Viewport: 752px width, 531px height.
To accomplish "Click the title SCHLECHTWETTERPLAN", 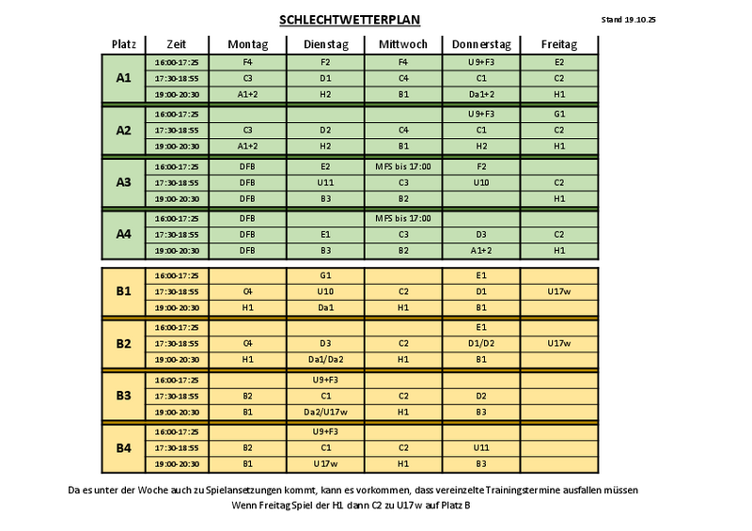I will [x=350, y=20].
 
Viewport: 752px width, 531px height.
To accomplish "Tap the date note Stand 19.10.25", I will [x=629, y=19].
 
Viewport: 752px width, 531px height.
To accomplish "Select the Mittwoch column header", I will [x=402, y=44].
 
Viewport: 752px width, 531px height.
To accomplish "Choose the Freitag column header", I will [x=558, y=44].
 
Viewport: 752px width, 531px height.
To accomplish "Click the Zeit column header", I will [x=176, y=44].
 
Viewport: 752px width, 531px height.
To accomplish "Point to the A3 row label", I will [x=123, y=182].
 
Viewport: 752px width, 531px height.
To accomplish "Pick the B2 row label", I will [x=123, y=343].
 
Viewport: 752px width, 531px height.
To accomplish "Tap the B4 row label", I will [x=123, y=447].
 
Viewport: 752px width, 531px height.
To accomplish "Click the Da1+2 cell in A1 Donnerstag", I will [x=480, y=95].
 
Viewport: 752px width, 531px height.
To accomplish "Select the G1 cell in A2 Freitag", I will [x=558, y=114].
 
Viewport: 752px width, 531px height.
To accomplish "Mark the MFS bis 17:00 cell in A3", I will [x=402, y=166].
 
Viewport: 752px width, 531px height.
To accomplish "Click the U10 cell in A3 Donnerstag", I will [x=480, y=182].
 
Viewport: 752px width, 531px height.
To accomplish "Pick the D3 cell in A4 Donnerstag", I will [x=480, y=234].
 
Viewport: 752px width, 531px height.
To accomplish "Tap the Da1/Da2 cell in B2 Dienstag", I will [x=325, y=359].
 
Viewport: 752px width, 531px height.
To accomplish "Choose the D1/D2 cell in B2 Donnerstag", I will [x=480, y=343].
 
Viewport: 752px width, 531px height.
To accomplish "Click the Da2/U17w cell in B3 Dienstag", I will [x=325, y=412].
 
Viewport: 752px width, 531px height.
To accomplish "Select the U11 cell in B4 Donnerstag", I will [x=480, y=447].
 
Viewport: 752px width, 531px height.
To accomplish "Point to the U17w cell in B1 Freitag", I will [x=558, y=291].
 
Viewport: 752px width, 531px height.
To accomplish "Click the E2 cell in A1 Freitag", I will [x=558, y=62].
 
